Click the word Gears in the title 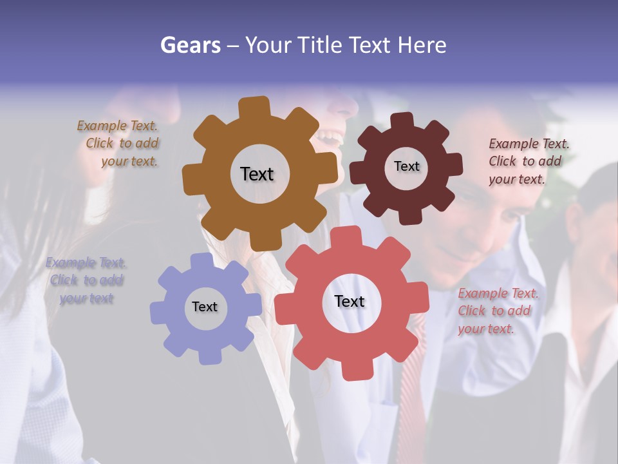[191, 45]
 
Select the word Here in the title [422, 45]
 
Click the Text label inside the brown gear [257, 174]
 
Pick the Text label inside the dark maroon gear [406, 166]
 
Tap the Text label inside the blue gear [205, 307]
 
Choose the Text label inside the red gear [350, 301]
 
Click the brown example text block [119, 144]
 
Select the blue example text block [86, 280]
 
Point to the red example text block [497, 311]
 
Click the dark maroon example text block [528, 161]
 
